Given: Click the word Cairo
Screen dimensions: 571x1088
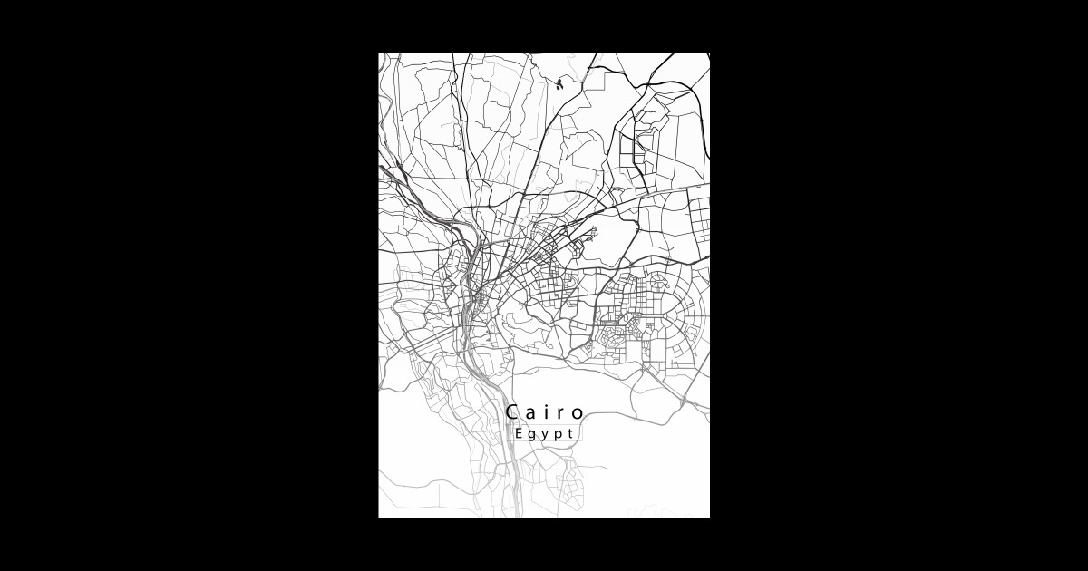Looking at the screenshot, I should click(545, 412).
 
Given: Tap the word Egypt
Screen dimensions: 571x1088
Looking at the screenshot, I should click(544, 433).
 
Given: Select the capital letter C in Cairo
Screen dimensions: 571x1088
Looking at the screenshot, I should click(513, 412).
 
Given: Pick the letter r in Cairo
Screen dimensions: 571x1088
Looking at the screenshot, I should click(562, 414).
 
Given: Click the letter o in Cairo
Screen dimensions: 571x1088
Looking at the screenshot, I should click(578, 414).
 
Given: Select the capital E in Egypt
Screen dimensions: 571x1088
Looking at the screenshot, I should click(518, 432).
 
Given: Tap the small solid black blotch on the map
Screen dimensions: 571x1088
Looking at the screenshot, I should click(559, 85).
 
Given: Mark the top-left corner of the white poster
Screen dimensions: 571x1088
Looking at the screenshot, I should click(379, 53).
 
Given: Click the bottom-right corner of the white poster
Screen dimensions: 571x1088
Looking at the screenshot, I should click(709, 517).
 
